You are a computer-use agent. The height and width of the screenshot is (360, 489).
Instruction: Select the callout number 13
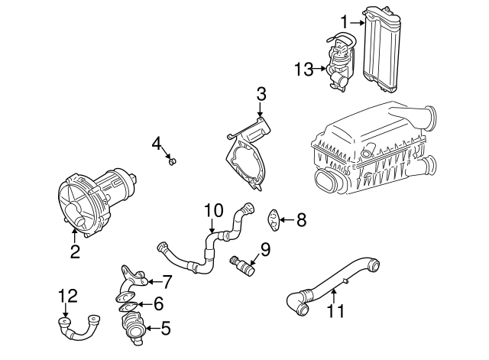point(303,70)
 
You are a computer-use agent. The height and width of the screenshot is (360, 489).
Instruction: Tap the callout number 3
point(261,95)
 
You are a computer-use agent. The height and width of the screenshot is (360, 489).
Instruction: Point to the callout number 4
point(156,142)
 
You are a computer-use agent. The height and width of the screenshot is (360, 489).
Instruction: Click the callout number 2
point(75,251)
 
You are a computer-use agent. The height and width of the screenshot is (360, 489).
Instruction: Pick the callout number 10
point(213,209)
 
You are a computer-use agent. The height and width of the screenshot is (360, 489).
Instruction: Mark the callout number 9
point(265,248)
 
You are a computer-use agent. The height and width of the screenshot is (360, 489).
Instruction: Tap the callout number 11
point(336,311)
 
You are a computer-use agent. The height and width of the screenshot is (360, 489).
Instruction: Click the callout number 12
point(68,294)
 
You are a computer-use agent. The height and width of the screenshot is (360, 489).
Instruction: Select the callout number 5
point(165,330)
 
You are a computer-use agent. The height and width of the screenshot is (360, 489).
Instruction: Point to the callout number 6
point(157,304)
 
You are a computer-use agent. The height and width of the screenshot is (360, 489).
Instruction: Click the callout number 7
point(167,283)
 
